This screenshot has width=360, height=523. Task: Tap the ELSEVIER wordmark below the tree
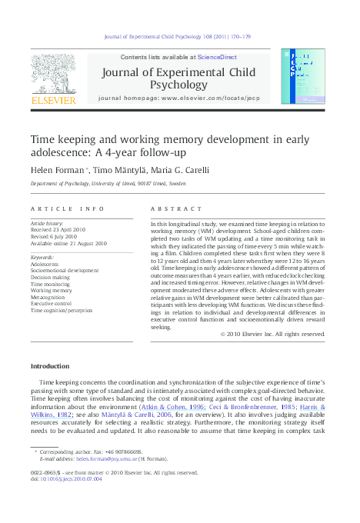[x=53, y=100]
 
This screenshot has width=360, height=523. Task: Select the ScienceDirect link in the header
[x=218, y=58]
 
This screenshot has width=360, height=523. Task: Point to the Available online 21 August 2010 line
[x=68, y=242]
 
